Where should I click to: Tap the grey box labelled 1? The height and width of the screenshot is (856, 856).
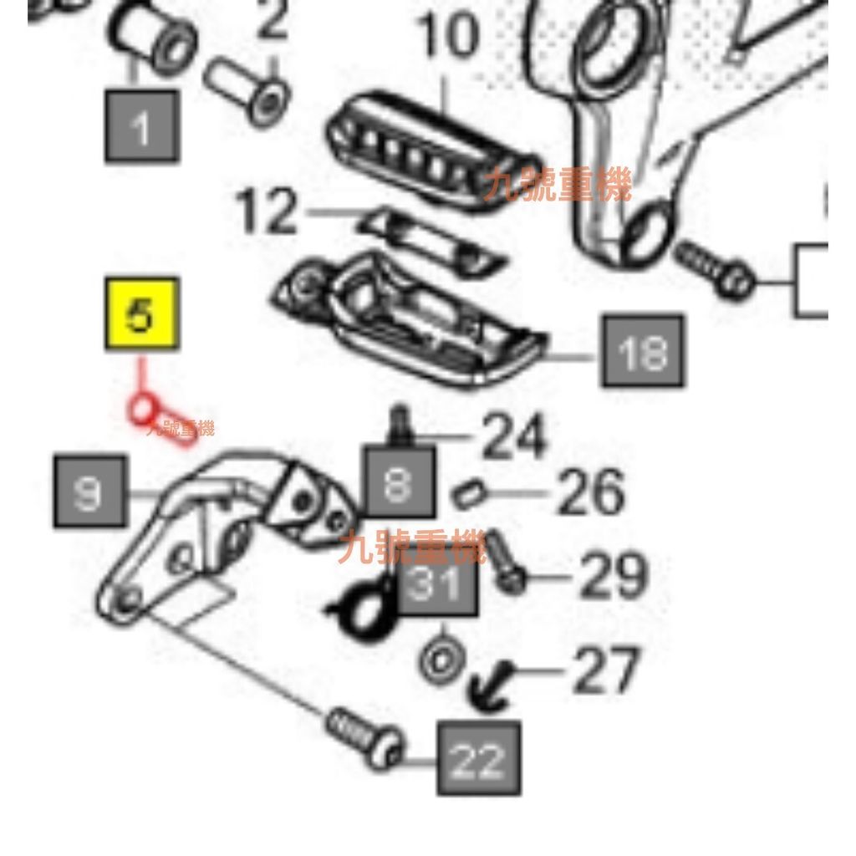point(141,126)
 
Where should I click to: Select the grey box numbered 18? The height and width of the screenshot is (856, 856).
point(642,351)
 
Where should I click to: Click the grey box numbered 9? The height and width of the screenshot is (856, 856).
point(90,492)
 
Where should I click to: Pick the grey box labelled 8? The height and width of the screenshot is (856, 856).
point(399,482)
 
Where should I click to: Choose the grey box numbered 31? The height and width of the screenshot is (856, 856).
point(438,583)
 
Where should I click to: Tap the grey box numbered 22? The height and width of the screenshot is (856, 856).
point(479,758)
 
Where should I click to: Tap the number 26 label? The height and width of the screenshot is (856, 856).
point(590,492)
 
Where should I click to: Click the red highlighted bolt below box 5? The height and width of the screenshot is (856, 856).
point(161,420)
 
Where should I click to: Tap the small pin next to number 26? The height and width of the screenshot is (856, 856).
point(467,494)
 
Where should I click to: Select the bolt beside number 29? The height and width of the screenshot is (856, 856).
point(504,561)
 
